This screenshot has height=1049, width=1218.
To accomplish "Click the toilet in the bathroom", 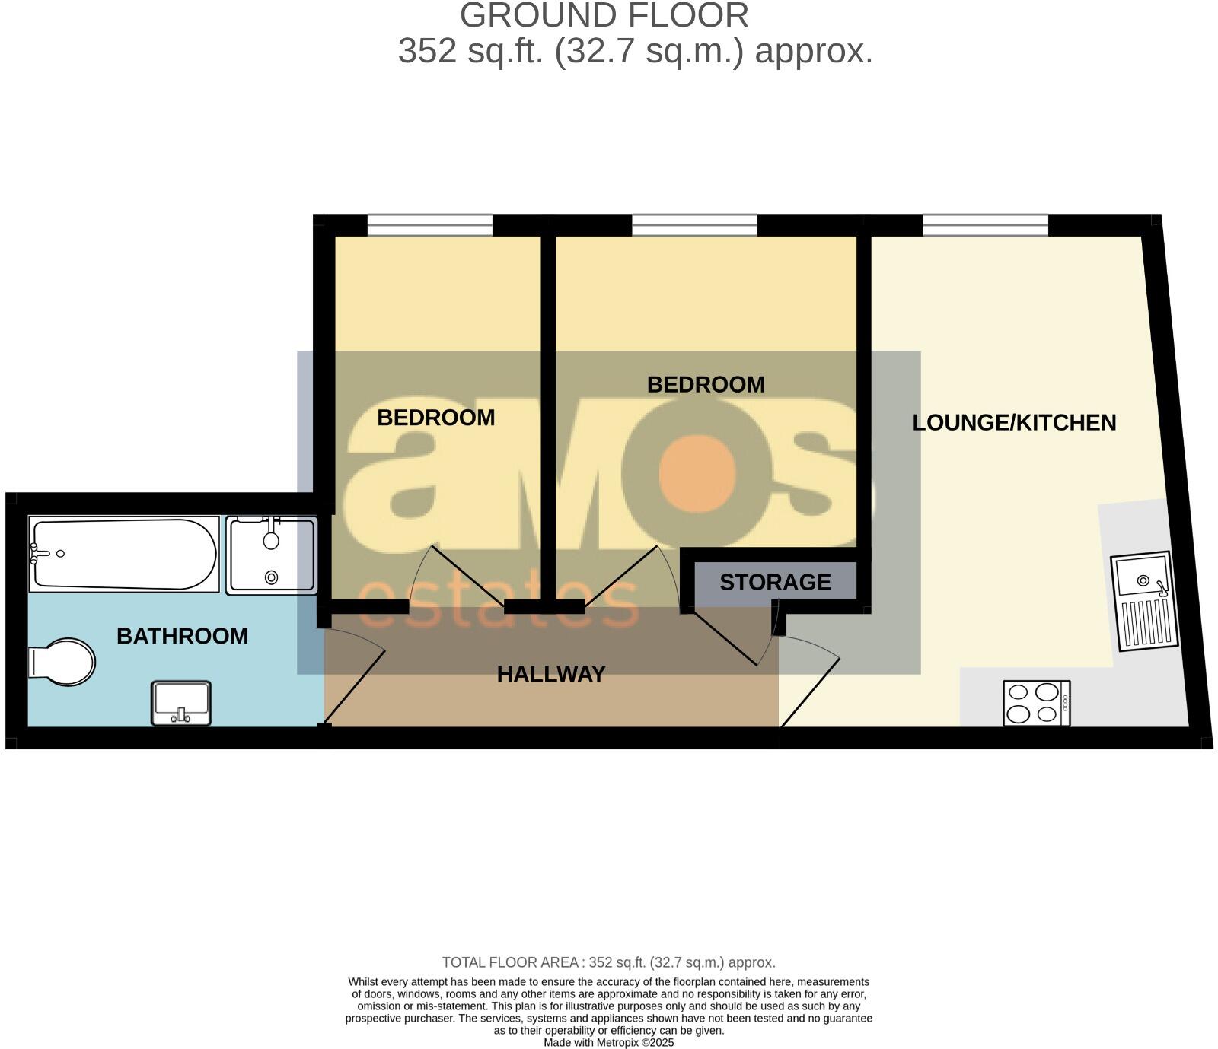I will click(x=61, y=661).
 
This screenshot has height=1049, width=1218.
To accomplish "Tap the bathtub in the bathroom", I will click(x=123, y=554).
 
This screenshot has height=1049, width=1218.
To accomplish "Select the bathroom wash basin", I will click(x=181, y=704).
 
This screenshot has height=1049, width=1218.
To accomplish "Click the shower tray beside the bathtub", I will click(x=271, y=555).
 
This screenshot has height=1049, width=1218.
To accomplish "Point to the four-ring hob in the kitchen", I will click(x=1036, y=703).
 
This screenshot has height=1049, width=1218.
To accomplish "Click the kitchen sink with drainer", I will click(x=1143, y=601).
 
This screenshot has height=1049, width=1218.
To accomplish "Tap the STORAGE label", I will click(x=775, y=583).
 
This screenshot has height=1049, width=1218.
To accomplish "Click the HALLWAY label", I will click(x=551, y=674).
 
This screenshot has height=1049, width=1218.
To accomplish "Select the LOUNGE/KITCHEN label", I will click(x=1014, y=423).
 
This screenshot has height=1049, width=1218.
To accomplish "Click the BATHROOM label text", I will click(x=182, y=636).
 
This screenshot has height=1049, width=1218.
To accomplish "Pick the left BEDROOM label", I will click(x=436, y=418).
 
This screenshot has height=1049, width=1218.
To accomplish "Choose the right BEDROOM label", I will click(x=706, y=385).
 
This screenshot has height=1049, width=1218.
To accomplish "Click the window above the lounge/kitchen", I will click(x=985, y=225).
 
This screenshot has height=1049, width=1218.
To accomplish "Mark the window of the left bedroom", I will click(x=429, y=225).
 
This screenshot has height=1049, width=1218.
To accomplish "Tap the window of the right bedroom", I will click(x=694, y=225).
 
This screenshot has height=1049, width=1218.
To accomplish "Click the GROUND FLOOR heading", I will click(x=604, y=16).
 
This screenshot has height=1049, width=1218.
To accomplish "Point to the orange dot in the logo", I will click(x=698, y=474).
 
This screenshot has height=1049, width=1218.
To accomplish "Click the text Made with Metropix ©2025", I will click(x=608, y=1043).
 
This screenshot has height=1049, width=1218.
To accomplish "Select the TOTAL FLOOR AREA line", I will click(x=608, y=962).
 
